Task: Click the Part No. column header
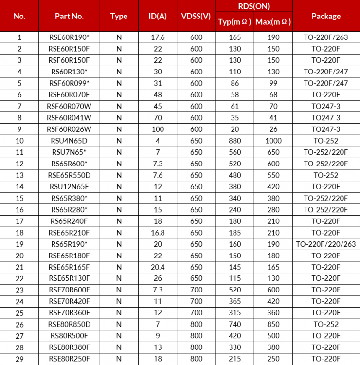point(69,16)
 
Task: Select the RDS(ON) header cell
point(253,6)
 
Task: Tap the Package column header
point(326,16)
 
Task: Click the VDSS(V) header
point(196,16)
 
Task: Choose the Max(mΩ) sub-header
point(273,22)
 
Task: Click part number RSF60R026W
point(69,129)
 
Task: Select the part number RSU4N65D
point(69,141)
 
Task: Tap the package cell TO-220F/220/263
point(326,244)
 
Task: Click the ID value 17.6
point(157,37)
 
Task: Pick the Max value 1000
point(273,141)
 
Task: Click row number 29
point(19,359)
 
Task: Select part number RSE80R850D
point(69,325)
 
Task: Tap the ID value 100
point(157,129)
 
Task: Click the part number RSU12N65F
point(69,187)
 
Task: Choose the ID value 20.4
point(157,267)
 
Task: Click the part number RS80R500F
point(69,336)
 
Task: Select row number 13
point(19,175)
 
